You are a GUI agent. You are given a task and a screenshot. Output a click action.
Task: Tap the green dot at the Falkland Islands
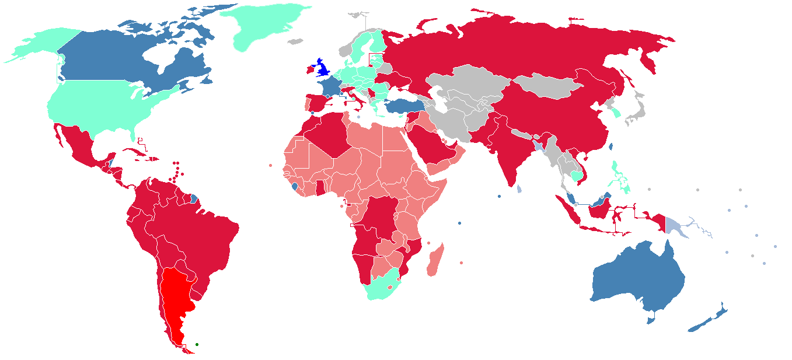tap(197, 344)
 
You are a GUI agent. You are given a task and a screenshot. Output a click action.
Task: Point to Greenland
tap(266, 26)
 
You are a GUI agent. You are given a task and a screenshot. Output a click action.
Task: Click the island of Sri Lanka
tap(519, 189)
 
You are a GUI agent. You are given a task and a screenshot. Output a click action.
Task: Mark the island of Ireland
tap(308, 70)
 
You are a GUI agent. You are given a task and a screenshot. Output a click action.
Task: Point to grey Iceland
tap(296, 41)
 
